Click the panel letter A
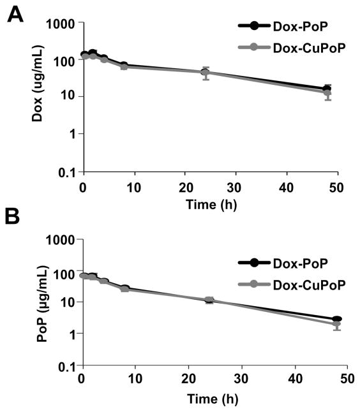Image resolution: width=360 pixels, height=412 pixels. (x=17, y=14)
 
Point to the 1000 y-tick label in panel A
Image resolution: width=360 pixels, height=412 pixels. (x=64, y=24)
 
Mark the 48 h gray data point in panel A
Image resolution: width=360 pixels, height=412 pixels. (x=327, y=93)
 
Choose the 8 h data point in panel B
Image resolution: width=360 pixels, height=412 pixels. (x=124, y=289)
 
